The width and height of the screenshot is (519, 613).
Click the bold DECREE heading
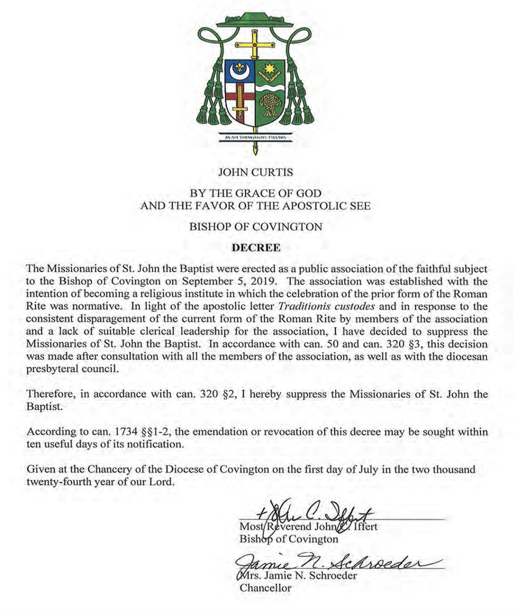[x=256, y=247]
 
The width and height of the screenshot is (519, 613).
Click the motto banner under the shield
[x=255, y=137]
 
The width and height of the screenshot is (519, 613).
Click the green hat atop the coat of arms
[x=255, y=20]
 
